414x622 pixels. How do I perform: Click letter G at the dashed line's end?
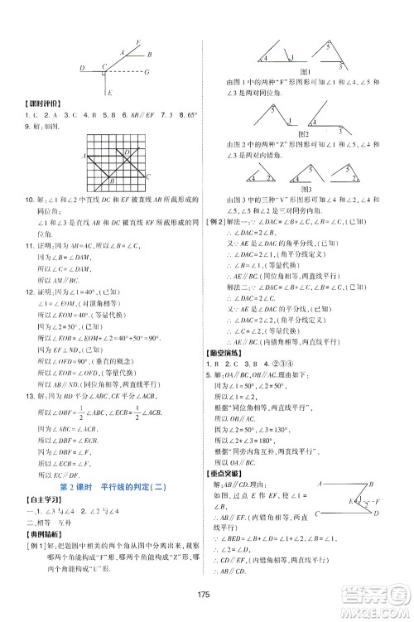coord(146,71)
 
